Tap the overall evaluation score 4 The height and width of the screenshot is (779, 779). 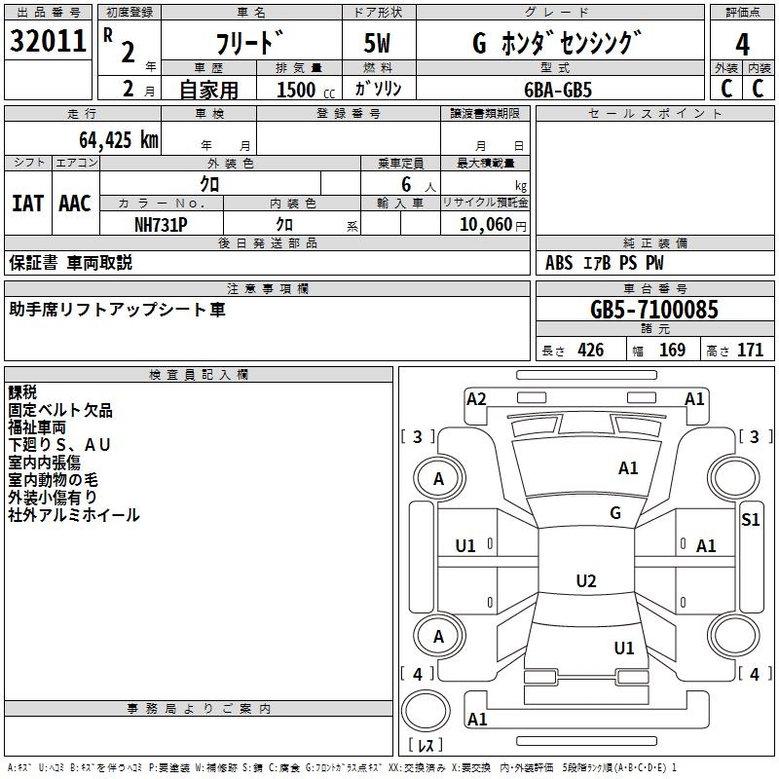click(743, 44)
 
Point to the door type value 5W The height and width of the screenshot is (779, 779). click(379, 44)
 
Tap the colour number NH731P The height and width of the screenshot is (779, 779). click(161, 224)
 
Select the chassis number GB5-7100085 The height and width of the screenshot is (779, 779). click(654, 311)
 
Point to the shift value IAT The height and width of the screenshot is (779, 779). click(27, 204)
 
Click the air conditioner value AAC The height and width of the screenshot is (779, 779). click(75, 204)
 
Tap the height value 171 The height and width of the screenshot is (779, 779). click(750, 351)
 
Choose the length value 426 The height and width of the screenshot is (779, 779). click(589, 351)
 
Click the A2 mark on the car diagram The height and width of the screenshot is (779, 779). click(476, 398)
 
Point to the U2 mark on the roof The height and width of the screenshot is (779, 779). click(585, 581)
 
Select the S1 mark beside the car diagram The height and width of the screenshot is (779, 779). click(750, 520)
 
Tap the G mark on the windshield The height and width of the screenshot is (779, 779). click(614, 513)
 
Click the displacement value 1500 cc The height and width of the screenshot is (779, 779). click(302, 90)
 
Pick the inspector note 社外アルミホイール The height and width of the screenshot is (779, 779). click(74, 515)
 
